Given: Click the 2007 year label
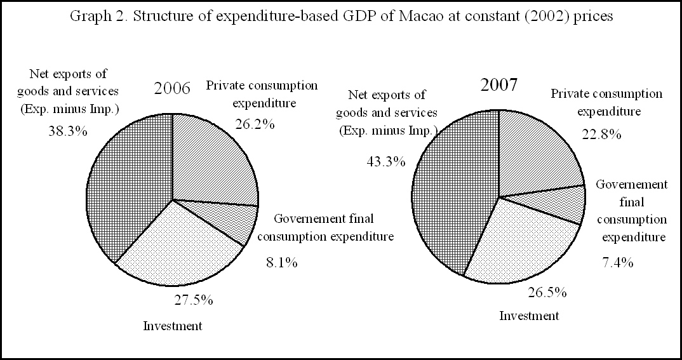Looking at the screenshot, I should click(x=499, y=84).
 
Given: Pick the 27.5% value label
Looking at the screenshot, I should click(x=194, y=300).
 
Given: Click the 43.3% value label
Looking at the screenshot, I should click(x=385, y=161).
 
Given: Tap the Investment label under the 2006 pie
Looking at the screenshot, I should click(x=173, y=326).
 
